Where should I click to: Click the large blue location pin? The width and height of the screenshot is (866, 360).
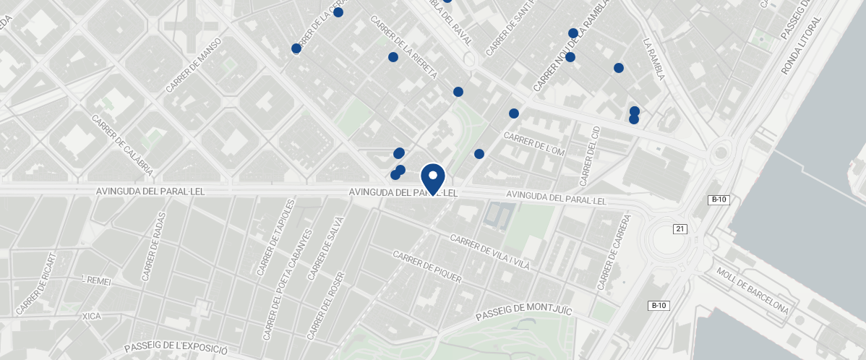(432, 178)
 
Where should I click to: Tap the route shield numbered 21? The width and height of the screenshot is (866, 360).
(679, 229)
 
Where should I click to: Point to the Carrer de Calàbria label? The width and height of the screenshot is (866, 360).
(122, 145)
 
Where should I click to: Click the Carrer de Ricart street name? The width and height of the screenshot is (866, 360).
(35, 283)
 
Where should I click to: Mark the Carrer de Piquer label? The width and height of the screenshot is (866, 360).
(426, 267)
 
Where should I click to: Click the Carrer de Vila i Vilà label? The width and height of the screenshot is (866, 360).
(489, 252)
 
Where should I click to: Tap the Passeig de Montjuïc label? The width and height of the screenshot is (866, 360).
(523, 313)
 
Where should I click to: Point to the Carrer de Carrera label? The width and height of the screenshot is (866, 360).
(614, 252)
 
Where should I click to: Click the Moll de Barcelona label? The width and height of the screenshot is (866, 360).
(752, 291)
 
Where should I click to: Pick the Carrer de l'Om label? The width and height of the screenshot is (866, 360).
(533, 143)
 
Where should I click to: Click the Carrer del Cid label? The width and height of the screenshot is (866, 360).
(591, 155)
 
